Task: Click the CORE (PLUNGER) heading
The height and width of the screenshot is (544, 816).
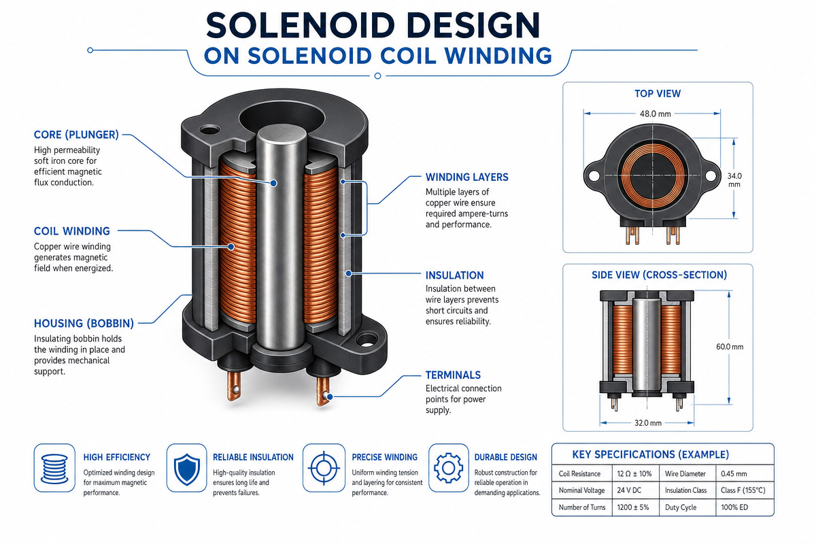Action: pos(76,135)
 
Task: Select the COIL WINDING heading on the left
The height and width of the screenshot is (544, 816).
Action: pos(72,231)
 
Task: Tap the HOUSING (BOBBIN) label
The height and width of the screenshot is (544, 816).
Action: pos(84,324)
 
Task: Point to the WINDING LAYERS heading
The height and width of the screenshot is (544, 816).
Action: pos(467,177)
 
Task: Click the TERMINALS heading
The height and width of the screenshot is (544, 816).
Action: pos(453,375)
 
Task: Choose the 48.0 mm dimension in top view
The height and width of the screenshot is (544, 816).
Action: pos(656,114)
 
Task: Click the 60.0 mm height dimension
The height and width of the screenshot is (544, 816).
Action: pos(730,347)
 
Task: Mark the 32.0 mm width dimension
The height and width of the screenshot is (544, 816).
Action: pos(648,423)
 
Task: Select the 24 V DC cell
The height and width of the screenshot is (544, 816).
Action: pos(629,490)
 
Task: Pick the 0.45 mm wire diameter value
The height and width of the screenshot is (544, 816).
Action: pos(734,474)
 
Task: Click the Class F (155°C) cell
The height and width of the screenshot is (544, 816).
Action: pos(743,490)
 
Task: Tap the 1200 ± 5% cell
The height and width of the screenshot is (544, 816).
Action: pos(633,507)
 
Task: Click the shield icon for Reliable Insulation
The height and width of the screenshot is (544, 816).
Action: pos(187,469)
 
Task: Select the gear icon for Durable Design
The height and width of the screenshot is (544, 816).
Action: pos(449,468)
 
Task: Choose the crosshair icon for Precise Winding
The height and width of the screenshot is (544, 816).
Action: pos(324,468)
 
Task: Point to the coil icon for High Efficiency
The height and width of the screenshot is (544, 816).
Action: pos(54,469)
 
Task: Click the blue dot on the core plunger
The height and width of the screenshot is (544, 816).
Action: pos(273,184)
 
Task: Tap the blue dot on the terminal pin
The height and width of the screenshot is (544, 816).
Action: pos(330,396)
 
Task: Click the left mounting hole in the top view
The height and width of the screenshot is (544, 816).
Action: pos(594,175)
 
